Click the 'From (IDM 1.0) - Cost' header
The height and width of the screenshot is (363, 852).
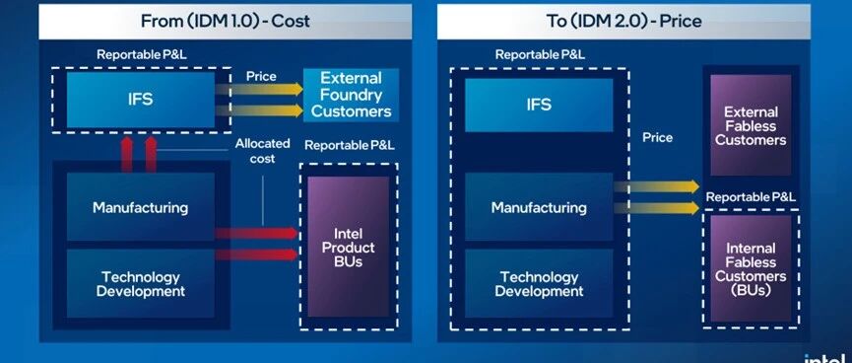[225, 22]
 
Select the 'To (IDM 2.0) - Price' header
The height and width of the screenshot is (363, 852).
[623, 22]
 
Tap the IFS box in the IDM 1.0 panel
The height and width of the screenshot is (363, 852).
[141, 101]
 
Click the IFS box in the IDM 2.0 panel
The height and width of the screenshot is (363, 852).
[539, 105]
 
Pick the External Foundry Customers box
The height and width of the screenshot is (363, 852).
[351, 95]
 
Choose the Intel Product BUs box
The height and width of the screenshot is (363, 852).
[349, 247]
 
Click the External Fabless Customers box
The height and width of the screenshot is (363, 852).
[751, 125]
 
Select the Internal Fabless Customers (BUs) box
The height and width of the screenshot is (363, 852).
[751, 269]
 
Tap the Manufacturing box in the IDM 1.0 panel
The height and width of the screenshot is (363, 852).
[141, 207]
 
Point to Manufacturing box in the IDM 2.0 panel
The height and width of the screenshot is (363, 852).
[539, 207]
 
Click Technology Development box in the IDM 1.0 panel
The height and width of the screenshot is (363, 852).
[141, 283]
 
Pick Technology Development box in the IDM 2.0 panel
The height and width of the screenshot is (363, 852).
[539, 283]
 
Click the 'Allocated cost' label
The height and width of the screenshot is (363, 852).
[262, 151]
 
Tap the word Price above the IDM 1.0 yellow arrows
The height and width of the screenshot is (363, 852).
[261, 76]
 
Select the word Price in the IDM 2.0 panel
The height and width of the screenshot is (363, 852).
[658, 138]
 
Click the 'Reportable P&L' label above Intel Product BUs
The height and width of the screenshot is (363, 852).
[350, 145]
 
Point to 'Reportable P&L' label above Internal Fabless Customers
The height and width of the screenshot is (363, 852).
[751, 197]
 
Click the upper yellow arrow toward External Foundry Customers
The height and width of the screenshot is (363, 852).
[259, 89]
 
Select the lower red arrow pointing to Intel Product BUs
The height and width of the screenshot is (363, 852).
[256, 254]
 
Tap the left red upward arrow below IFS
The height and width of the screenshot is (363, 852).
[127, 154]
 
